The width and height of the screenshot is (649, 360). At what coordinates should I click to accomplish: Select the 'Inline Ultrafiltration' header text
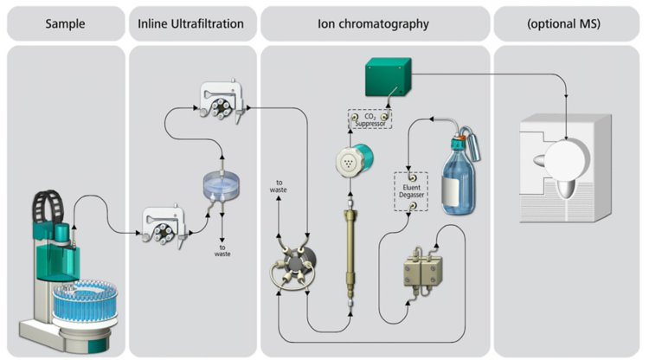point(192,23)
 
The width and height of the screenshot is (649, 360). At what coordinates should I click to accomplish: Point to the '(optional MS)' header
point(567,23)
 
